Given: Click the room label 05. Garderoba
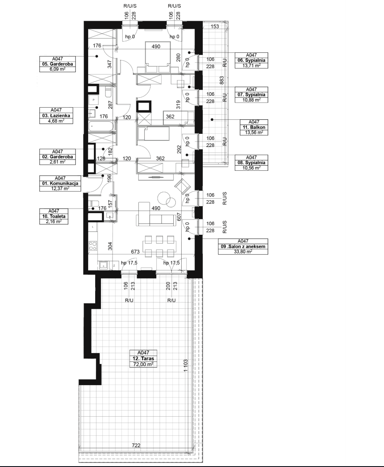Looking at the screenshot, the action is coord(57,64).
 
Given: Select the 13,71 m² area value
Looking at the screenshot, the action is coord(251,66).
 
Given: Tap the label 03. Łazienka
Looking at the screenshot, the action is coord(56,116).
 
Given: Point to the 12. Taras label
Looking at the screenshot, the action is coord(144,359).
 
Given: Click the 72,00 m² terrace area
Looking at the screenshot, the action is coord(144,364).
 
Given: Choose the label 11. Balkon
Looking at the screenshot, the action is coord(254,127).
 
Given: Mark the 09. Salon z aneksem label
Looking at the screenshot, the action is coord(243,247).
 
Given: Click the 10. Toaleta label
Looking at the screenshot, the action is coord(54,216).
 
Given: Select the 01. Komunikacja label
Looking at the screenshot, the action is coord(60,184).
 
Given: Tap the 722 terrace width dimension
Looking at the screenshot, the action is coord(136,445).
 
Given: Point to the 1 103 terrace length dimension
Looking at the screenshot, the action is coord(185,365).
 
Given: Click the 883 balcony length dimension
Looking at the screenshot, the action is coord(222,81).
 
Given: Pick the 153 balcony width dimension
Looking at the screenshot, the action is coord(214,26).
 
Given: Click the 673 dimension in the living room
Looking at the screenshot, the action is coord(135,252).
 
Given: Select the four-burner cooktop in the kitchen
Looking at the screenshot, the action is coord(93,246).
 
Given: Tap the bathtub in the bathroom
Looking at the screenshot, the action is coord(101,126).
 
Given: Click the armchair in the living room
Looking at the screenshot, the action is coord(182,186).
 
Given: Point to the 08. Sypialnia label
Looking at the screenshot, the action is coord(251,162).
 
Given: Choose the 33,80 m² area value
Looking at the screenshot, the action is coord(243,252).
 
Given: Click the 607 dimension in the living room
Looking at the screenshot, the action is coord(179,216).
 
